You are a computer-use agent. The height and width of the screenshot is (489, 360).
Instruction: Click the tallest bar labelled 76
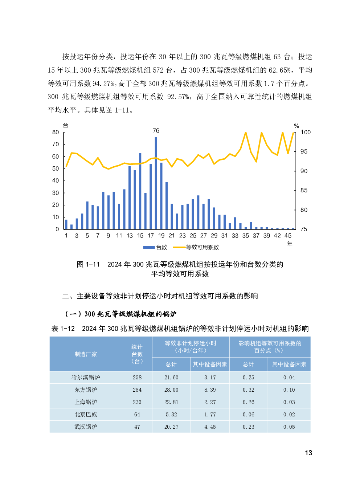156,183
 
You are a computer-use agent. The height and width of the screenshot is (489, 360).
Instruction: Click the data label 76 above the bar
156,131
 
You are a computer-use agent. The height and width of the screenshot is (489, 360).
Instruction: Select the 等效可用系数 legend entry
196,247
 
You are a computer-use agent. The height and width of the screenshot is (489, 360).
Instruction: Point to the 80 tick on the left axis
56,132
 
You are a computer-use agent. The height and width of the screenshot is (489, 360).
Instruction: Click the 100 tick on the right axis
306,132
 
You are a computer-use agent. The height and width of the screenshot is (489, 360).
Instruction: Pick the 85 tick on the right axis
304,190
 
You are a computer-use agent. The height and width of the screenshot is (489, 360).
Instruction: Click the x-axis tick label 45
288,236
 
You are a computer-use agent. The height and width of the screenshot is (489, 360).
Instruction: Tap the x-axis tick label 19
161,236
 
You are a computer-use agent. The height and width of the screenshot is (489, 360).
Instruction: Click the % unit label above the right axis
296,126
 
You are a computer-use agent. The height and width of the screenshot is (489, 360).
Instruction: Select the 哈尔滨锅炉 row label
86,377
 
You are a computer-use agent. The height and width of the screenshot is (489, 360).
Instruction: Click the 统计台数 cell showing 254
137,390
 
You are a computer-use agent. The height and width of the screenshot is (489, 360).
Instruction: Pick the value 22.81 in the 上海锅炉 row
171,402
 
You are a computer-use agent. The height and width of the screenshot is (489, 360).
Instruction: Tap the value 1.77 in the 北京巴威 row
210,414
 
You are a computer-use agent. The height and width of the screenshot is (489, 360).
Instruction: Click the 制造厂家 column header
86,354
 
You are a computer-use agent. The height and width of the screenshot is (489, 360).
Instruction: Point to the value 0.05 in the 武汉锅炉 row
289,427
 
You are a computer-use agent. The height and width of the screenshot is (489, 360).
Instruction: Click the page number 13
308,453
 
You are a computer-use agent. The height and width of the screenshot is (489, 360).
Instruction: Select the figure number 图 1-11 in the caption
88,264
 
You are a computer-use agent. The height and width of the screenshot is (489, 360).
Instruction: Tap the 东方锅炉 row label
86,390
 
